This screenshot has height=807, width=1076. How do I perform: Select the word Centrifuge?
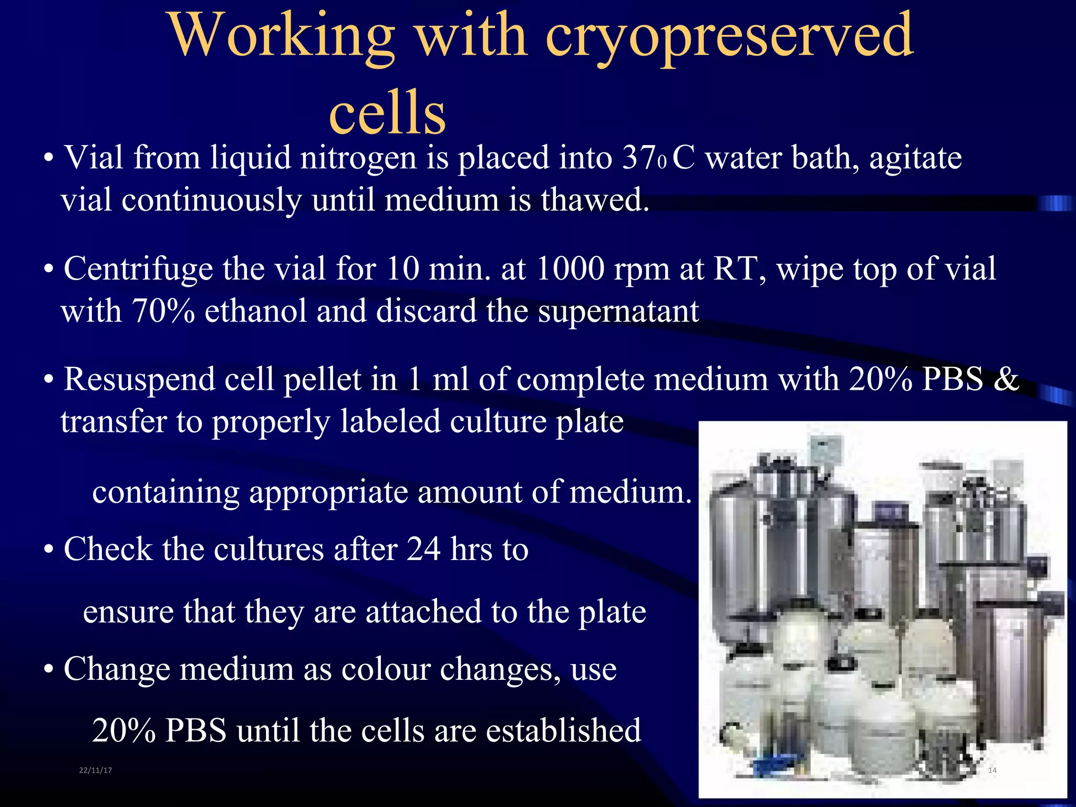[138, 270]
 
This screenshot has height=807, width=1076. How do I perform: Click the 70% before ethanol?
[163, 311]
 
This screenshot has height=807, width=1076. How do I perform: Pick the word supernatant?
[618, 312]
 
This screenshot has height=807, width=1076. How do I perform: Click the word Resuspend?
[139, 380]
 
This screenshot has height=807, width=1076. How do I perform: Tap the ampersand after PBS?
[1006, 379]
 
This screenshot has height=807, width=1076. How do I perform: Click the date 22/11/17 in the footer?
[95, 770]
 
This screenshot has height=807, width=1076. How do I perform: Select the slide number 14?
[992, 770]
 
